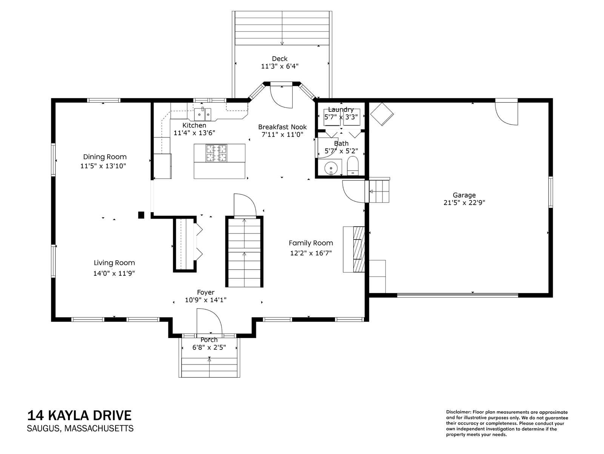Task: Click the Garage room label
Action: click(x=464, y=195)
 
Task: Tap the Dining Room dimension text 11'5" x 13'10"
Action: click(x=103, y=166)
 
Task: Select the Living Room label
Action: click(x=114, y=263)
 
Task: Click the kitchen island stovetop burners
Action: click(x=216, y=153)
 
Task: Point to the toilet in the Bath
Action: click(x=353, y=166)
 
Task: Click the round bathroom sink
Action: click(x=331, y=168)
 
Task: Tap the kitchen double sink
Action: click(x=202, y=114)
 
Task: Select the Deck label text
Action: click(x=280, y=59)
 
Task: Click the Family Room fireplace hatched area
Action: click(x=359, y=249)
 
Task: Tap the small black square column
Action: click(x=141, y=215)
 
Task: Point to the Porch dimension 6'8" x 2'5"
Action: click(x=209, y=347)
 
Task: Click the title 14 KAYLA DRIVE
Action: click(x=79, y=415)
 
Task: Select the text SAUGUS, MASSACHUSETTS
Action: click(x=80, y=428)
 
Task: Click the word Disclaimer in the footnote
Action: click(x=458, y=412)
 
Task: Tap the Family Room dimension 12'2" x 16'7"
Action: click(x=311, y=253)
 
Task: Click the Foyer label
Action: click(x=206, y=292)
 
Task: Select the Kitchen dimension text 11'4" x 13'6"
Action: click(x=194, y=133)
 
